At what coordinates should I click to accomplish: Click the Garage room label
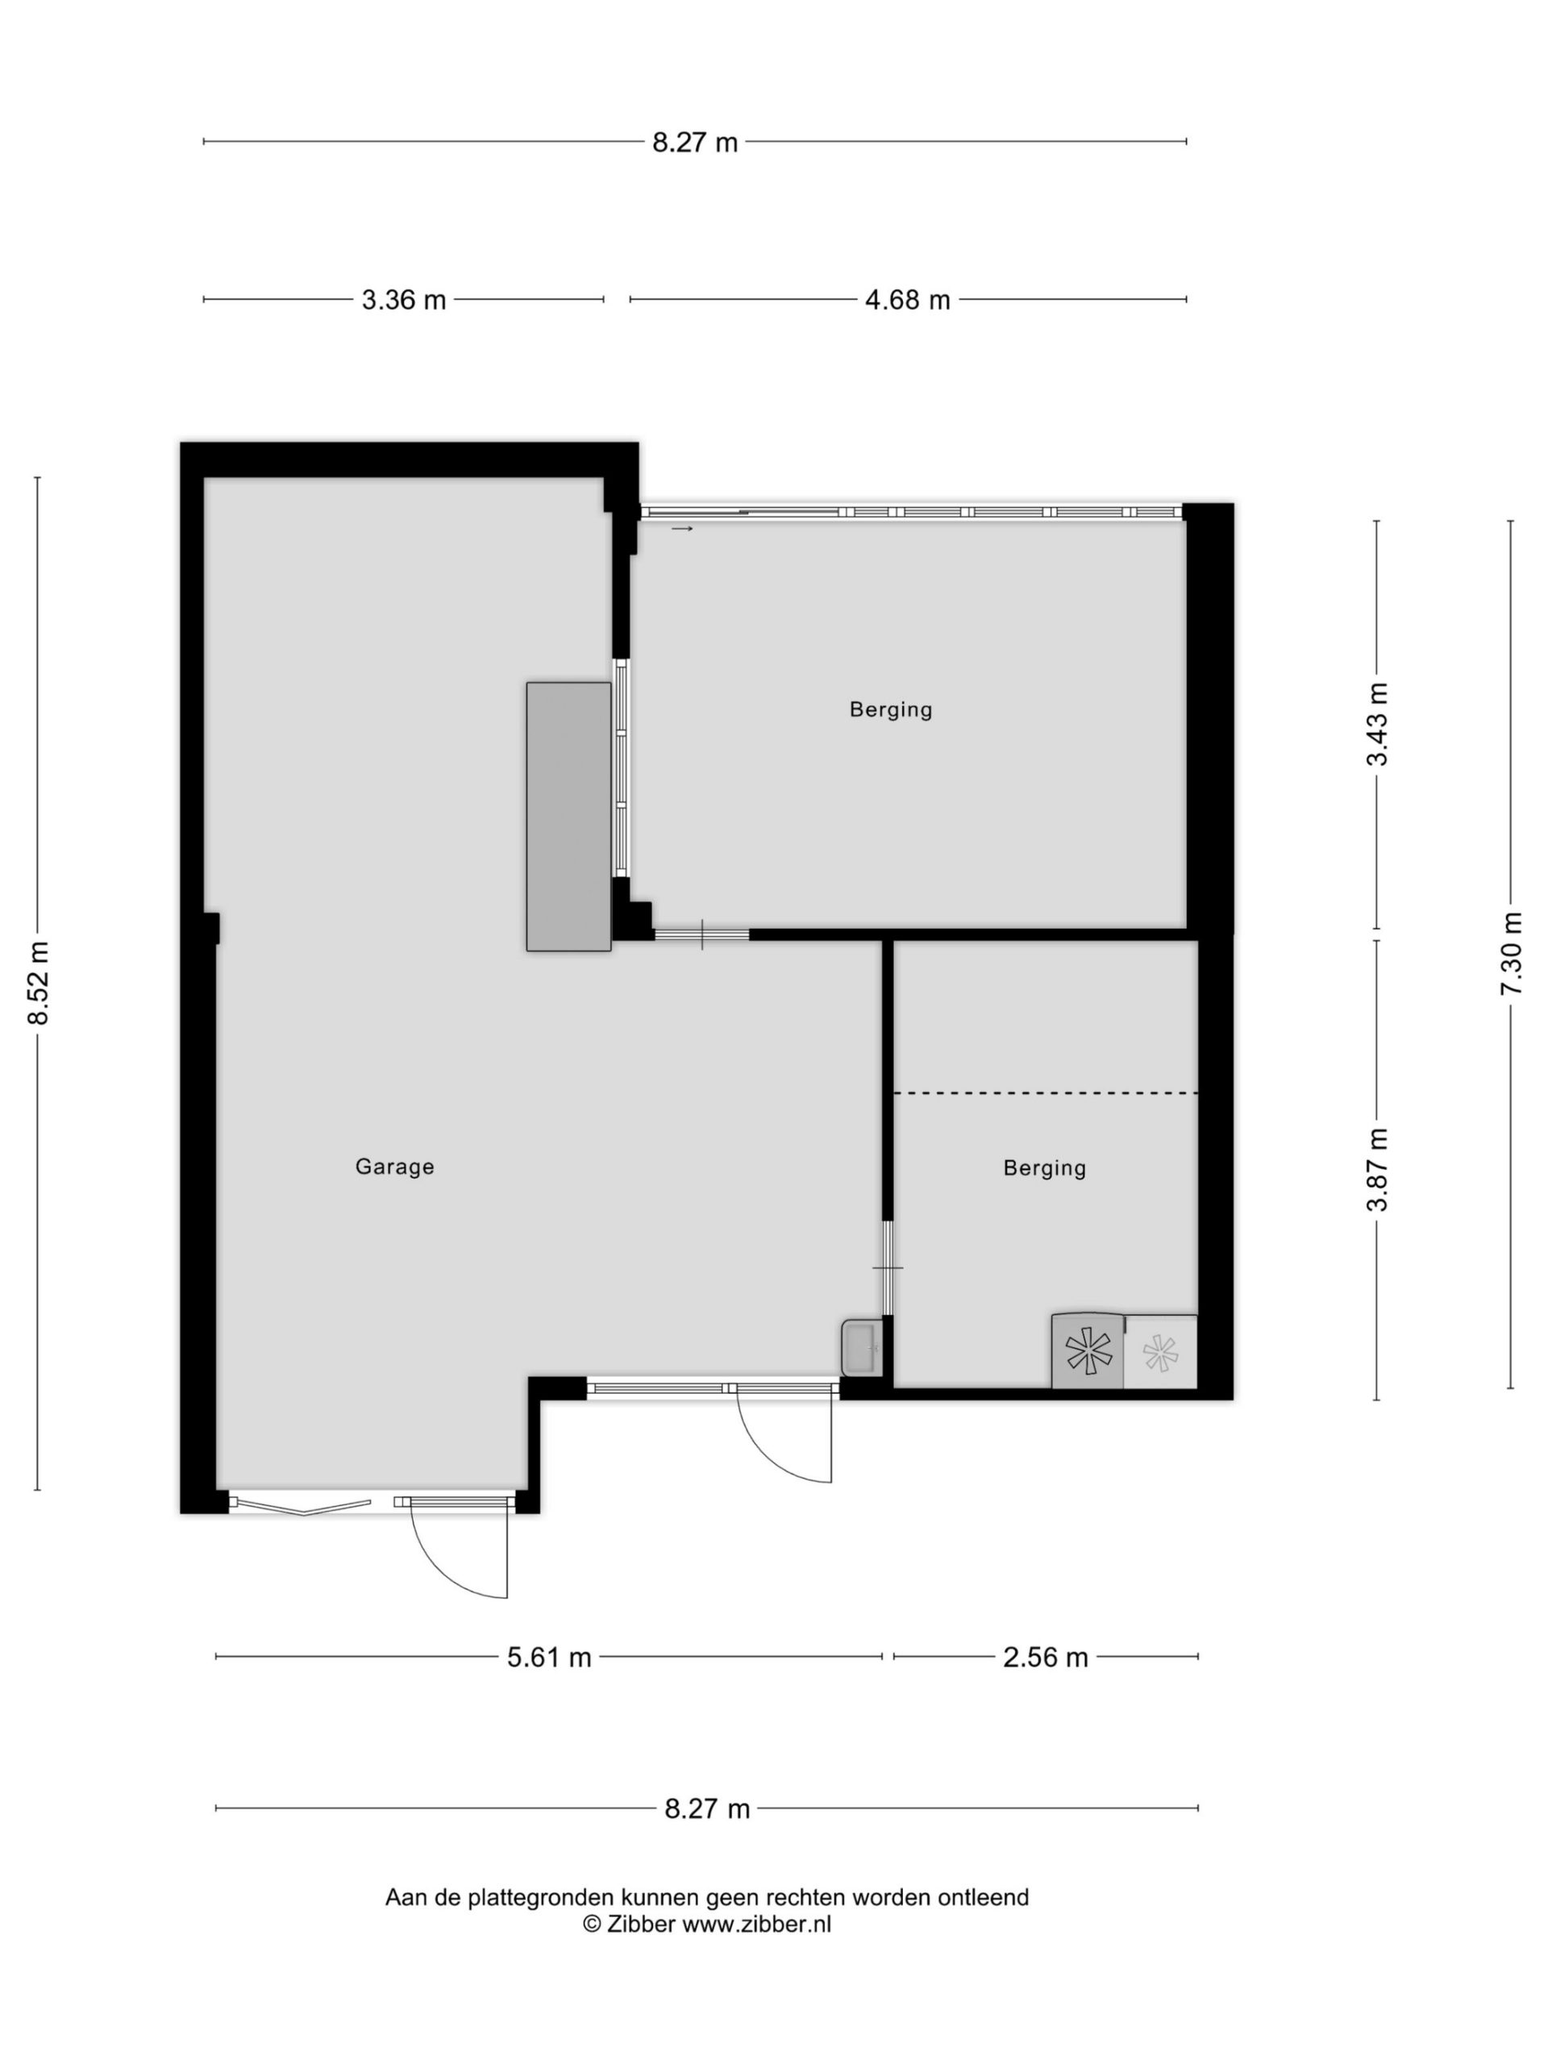point(395,1167)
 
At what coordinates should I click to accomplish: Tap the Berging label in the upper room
point(891,709)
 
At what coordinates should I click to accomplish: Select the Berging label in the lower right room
point(1045,1167)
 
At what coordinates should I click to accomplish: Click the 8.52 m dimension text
point(38,983)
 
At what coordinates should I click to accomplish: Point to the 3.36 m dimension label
point(404,300)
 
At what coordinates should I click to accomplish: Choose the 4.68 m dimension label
point(908,300)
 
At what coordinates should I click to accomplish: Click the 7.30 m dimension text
point(1511,953)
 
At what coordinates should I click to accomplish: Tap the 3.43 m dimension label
point(1377,724)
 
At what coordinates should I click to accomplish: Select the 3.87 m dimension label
point(1377,1169)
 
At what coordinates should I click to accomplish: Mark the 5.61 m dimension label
point(550,1657)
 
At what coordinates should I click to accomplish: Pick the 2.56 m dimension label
point(1046,1657)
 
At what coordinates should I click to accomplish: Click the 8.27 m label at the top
point(695,142)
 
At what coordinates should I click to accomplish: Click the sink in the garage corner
point(861,1346)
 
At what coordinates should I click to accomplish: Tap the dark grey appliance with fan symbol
point(1088,1350)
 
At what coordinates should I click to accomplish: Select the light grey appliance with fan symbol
point(1161,1352)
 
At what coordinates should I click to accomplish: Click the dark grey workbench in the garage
point(568,817)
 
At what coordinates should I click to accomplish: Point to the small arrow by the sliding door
point(682,529)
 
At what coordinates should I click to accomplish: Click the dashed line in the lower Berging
point(1046,1092)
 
